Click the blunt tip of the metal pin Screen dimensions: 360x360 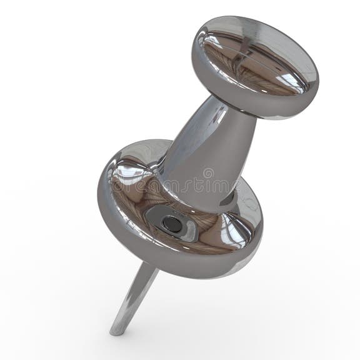[x=116, y=329]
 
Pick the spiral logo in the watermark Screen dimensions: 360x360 [x=208, y=173]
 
